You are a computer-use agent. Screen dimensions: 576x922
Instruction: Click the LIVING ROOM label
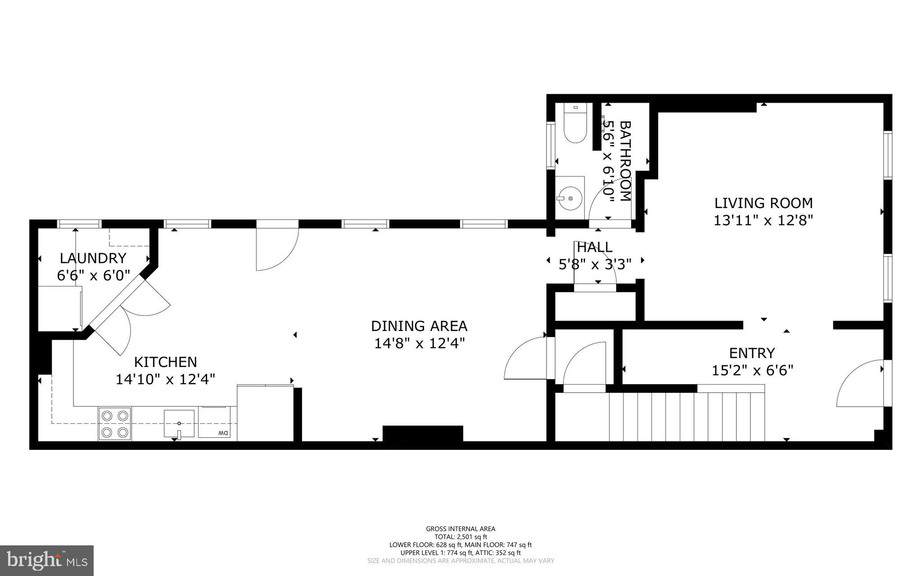tap(764, 203)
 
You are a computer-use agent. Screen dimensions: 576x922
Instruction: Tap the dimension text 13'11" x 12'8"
tap(764, 221)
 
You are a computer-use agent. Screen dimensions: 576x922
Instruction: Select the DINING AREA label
tap(419, 326)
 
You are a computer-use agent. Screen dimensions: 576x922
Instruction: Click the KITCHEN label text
tap(166, 362)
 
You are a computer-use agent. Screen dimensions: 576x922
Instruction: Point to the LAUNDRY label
tap(93, 258)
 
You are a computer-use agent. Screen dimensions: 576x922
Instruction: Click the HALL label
tap(595, 247)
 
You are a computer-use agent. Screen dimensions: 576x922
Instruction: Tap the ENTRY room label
tap(752, 353)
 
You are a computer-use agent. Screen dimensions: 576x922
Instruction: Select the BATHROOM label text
tap(626, 161)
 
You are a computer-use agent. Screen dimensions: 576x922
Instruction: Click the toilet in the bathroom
tap(575, 124)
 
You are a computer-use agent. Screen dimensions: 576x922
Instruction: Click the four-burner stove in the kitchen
tap(115, 424)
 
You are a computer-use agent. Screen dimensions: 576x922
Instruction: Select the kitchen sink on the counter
tap(179, 423)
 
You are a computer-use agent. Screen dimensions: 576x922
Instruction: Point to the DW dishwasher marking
tap(222, 433)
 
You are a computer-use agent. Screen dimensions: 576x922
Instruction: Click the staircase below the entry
tap(687, 417)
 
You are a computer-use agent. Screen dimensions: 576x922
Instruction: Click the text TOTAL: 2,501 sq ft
tap(461, 537)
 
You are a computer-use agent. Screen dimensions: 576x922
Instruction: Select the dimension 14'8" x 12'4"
tap(419, 344)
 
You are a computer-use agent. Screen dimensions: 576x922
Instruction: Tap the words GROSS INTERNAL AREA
tap(461, 529)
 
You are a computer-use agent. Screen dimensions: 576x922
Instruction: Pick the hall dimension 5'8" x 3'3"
tap(595, 264)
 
